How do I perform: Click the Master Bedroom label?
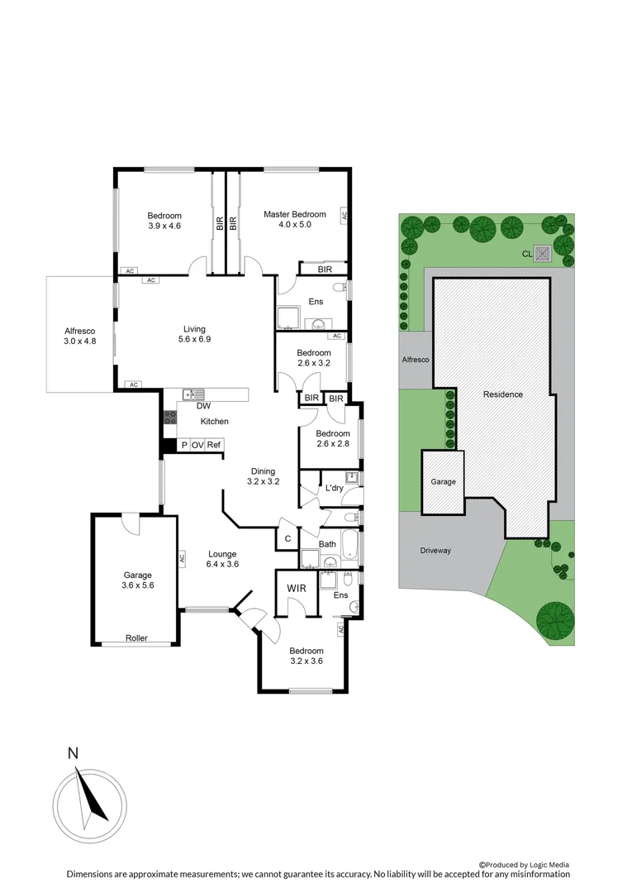click(294, 214)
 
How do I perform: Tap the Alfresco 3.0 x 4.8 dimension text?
click(80, 341)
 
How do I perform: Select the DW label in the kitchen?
click(203, 406)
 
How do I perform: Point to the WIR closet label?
click(297, 589)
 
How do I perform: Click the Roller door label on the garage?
click(137, 638)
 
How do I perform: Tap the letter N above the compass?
click(74, 753)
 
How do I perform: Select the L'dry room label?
click(334, 489)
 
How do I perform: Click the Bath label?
click(327, 544)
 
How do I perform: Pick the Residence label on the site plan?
click(503, 394)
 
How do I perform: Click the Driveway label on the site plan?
click(435, 551)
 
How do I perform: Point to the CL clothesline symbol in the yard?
click(543, 254)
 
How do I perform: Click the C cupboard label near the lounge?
click(287, 539)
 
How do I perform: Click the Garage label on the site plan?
click(443, 481)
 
